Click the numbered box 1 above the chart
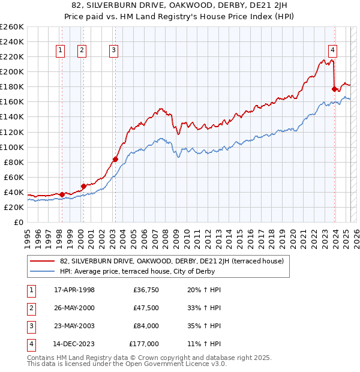(61, 51)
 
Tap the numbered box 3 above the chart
(113, 51)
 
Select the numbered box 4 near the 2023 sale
(332, 51)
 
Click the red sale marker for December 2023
(334, 89)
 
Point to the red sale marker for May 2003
(115, 159)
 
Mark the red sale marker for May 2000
(83, 186)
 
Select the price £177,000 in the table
(143, 344)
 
